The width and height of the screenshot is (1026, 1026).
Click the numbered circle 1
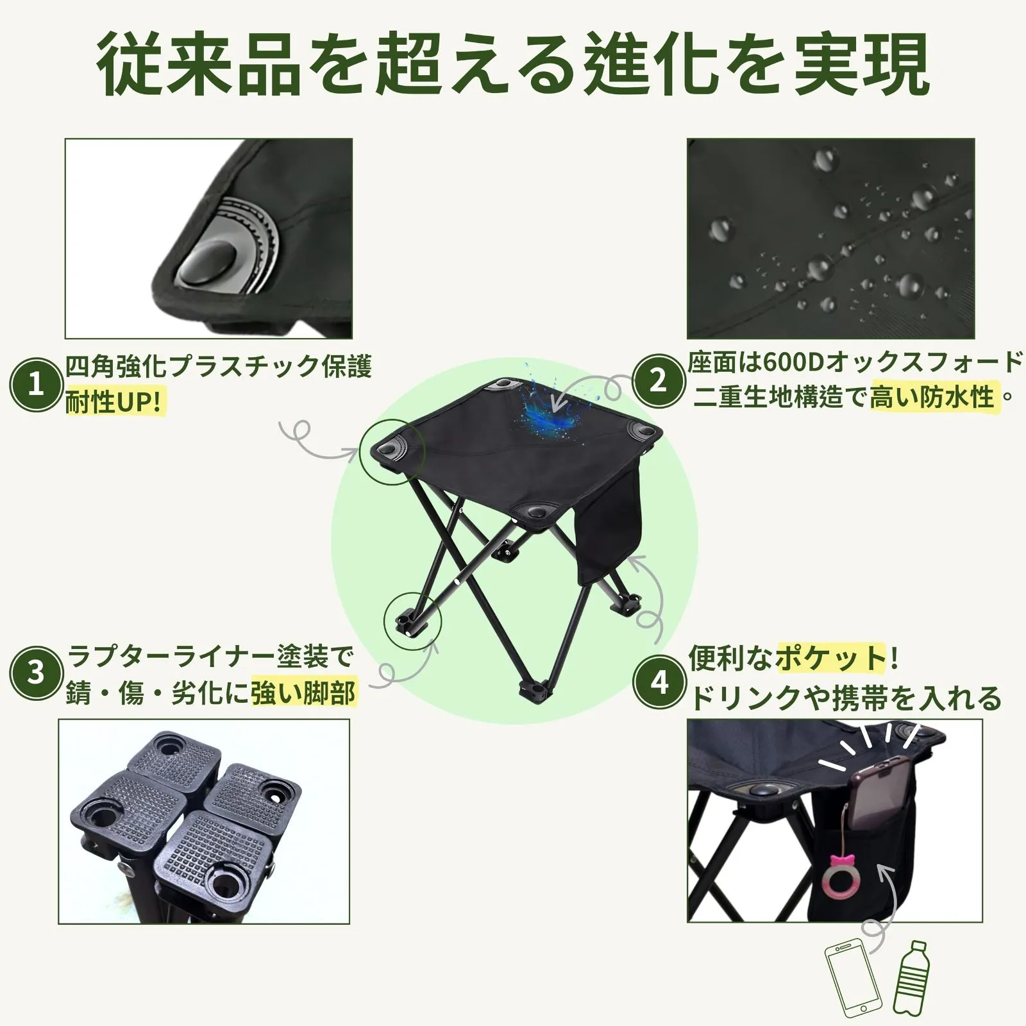37,384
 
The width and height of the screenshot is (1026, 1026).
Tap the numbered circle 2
659,381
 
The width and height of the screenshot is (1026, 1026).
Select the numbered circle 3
37,673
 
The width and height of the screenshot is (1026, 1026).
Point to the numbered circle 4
659,682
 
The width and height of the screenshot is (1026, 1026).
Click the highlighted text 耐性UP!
115,402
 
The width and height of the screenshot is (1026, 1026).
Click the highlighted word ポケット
830,659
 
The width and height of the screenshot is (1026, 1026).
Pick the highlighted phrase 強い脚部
303,693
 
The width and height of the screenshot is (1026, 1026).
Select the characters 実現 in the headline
862,65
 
